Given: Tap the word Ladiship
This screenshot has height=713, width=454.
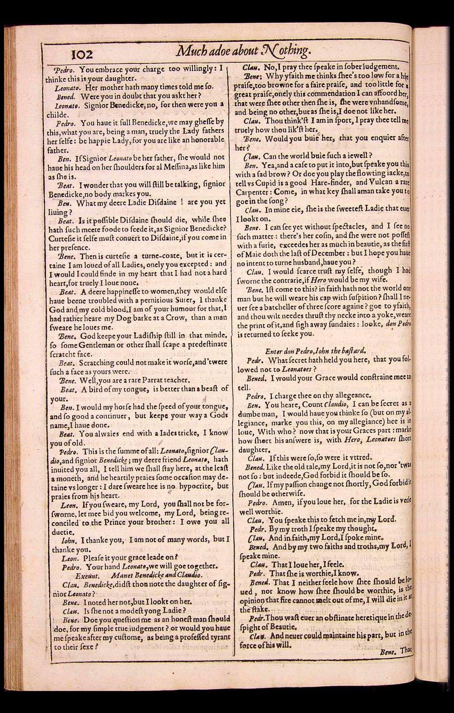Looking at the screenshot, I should coord(139,336).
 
